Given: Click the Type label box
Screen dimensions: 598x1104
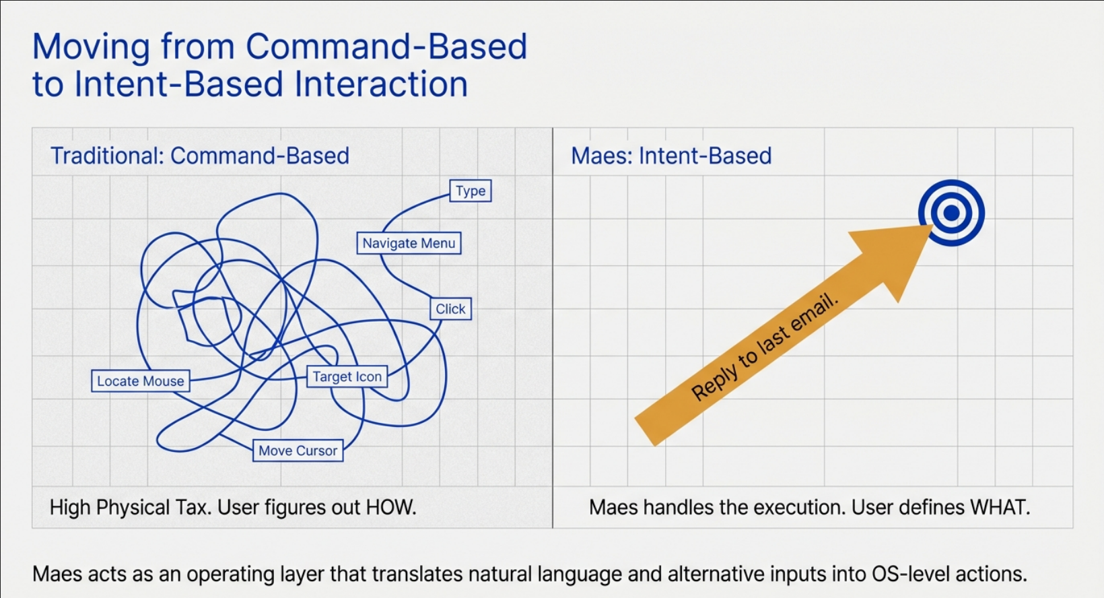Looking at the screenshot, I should tap(471, 191).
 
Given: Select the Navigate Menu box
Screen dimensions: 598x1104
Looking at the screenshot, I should tap(409, 243).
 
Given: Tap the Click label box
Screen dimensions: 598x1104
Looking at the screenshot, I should tap(450, 309).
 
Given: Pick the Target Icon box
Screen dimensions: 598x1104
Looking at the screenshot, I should tap(347, 377).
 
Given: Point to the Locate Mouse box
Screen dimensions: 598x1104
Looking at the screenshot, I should tap(140, 381).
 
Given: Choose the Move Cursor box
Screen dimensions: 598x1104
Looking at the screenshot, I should tap(298, 451).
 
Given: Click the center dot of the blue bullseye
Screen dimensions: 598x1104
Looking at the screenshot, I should tap(951, 213).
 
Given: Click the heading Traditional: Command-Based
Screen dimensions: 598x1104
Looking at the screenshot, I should tap(200, 156).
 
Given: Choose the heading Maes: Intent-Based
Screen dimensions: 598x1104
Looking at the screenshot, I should tap(671, 156).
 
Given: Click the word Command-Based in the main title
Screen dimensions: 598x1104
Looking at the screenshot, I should tap(386, 47).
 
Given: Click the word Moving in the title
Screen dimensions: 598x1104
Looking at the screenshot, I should tap(91, 47).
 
